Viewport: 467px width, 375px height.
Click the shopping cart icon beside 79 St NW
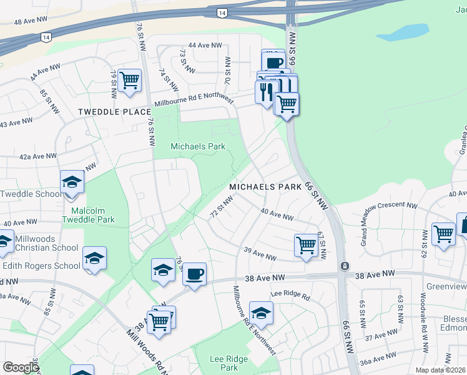(x=129, y=81)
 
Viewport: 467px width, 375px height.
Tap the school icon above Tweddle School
(x=72, y=182)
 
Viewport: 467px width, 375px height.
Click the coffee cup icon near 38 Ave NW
(x=195, y=274)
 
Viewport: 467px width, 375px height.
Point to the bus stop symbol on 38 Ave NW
(x=344, y=266)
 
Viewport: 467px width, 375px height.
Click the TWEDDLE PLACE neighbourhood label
(x=114, y=112)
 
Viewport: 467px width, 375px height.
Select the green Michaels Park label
(x=198, y=146)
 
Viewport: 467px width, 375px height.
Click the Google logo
(x=21, y=367)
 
